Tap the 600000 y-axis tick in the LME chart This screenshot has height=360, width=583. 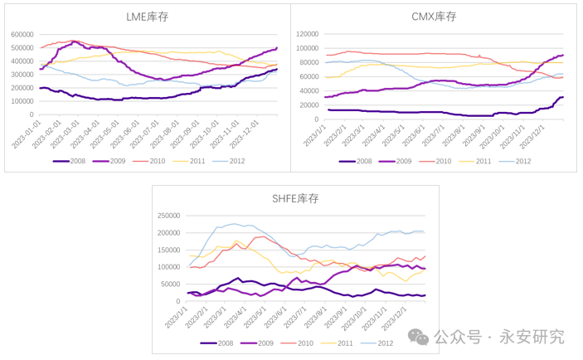tap(22, 35)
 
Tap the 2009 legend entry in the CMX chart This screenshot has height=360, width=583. tap(417, 160)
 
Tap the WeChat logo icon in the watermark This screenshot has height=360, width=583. tap(420, 336)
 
